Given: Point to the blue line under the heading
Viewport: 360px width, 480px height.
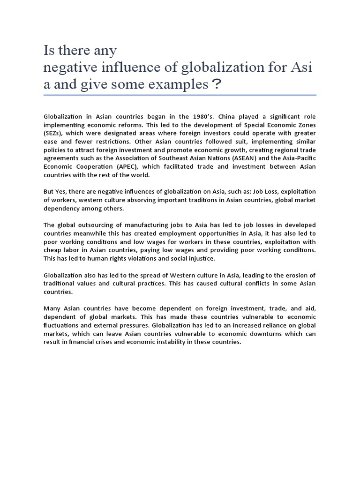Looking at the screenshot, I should (x=180, y=95).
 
